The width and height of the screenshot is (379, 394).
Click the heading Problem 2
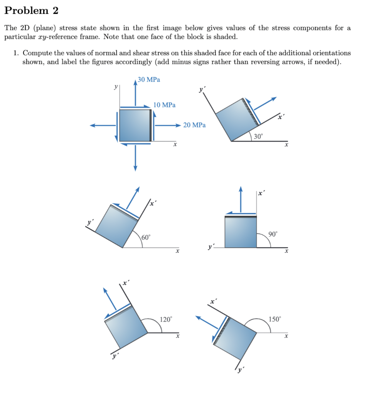(31, 11)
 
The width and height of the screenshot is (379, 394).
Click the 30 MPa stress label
(149, 80)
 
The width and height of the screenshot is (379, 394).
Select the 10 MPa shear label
(164, 105)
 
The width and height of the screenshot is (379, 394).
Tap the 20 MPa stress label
(194, 125)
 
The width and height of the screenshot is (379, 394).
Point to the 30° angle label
(258, 136)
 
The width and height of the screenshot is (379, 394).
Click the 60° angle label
(146, 237)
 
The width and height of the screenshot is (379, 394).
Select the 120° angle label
(166, 319)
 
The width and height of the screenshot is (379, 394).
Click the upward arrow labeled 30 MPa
(135, 92)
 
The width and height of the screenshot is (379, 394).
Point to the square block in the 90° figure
(241, 232)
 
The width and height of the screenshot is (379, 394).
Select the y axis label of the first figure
(115, 87)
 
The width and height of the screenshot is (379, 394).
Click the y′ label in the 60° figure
(89, 222)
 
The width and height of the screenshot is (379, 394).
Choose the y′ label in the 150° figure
(241, 370)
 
